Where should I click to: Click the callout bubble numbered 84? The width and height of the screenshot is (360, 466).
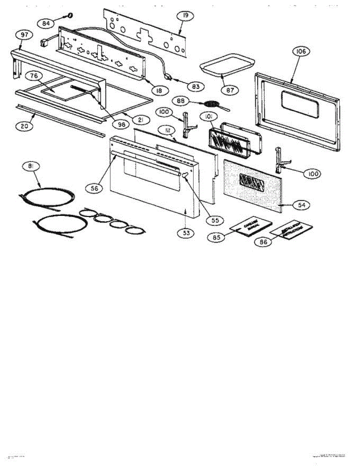(x=46, y=23)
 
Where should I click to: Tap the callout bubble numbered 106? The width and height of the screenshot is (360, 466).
(x=302, y=51)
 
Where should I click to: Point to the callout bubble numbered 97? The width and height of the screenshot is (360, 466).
(x=24, y=35)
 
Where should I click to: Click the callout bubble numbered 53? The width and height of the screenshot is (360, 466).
(x=186, y=233)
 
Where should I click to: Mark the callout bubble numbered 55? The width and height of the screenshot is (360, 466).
(x=212, y=220)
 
